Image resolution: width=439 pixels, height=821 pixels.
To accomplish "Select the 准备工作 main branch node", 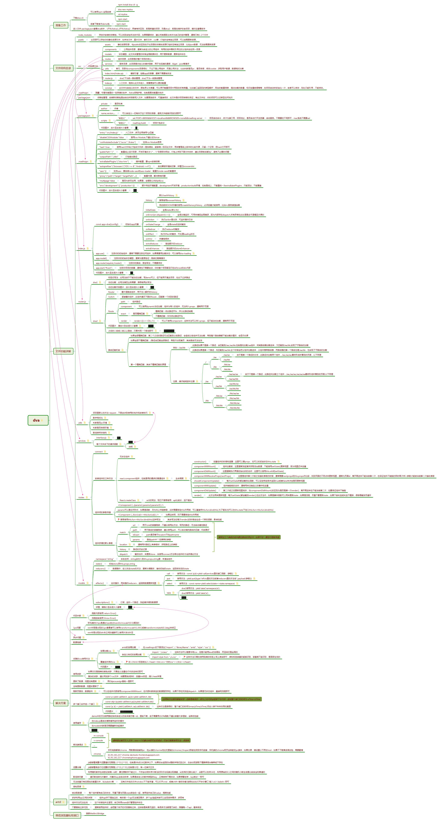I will (x=61, y=25).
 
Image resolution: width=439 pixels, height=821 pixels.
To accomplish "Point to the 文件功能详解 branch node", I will (x=63, y=351).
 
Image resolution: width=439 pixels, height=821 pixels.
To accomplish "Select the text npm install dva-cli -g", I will (x=128, y=5).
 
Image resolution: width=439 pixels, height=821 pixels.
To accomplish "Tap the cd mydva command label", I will (x=122, y=14).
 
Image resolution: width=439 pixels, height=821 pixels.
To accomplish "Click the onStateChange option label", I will (x=153, y=224).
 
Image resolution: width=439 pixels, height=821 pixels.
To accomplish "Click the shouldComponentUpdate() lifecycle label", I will (x=206, y=481).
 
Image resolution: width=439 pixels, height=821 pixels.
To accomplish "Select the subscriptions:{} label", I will (x=102, y=602).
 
